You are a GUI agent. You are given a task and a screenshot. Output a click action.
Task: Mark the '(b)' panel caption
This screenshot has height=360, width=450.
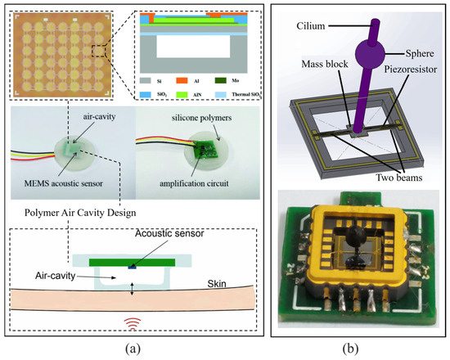357,345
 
